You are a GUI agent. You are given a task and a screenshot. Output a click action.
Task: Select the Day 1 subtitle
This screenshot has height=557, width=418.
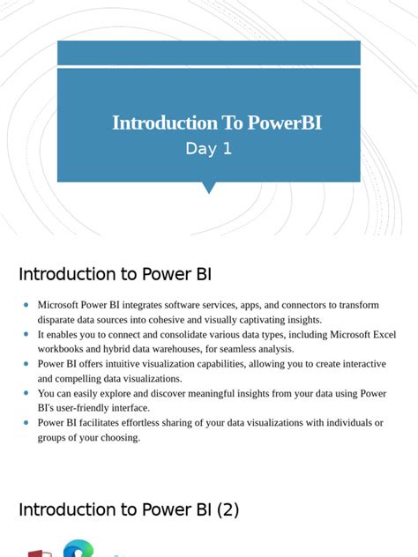[x=208, y=149]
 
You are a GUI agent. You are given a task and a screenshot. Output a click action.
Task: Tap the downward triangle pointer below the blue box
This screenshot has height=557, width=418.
[x=209, y=187]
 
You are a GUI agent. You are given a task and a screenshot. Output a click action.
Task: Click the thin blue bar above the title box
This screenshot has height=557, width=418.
[x=208, y=52]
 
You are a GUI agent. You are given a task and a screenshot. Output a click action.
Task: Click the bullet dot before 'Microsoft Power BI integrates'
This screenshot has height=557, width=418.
[x=26, y=305]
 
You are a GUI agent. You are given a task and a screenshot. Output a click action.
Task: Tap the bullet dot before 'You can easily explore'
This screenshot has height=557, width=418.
[x=26, y=394]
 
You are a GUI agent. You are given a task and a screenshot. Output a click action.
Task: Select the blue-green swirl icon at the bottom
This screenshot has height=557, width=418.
[x=78, y=549]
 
